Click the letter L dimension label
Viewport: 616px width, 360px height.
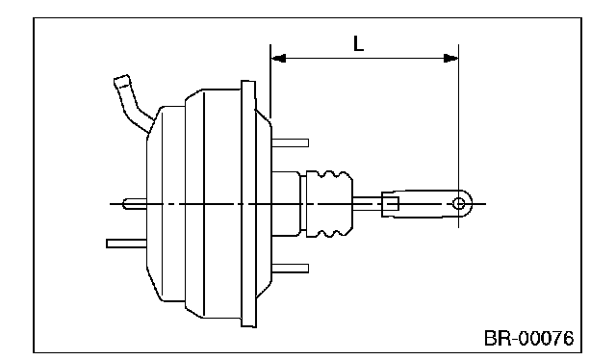click(358, 43)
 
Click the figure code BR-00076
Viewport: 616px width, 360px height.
click(528, 338)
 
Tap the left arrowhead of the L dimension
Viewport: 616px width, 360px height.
click(278, 59)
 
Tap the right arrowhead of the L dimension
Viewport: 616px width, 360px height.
click(450, 59)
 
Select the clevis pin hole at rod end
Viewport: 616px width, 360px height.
click(458, 203)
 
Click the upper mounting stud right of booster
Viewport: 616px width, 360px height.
click(290, 142)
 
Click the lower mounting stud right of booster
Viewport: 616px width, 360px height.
click(290, 269)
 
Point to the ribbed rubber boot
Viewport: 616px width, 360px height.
click(329, 203)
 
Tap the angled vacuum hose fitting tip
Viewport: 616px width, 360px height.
click(122, 81)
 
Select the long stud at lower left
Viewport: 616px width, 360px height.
click(126, 244)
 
